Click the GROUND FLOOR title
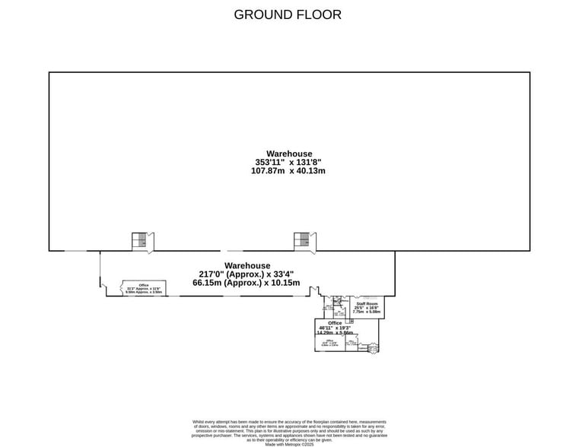[x=288, y=14]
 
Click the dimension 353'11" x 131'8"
[x=288, y=162]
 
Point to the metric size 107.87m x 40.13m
[x=288, y=171]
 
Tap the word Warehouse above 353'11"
[x=289, y=154]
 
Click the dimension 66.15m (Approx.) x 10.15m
[x=246, y=283]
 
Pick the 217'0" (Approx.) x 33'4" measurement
[x=246, y=274]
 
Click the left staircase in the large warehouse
[x=139, y=240]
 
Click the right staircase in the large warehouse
[x=302, y=240]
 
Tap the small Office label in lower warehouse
[x=143, y=285]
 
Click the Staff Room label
[x=367, y=304]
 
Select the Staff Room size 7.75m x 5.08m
[x=367, y=312]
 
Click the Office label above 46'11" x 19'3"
[x=335, y=323]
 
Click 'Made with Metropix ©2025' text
[x=289, y=444]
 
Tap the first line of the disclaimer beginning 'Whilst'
[x=289, y=421]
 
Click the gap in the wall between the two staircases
[x=222, y=250]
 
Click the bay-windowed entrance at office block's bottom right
[x=373, y=349]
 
